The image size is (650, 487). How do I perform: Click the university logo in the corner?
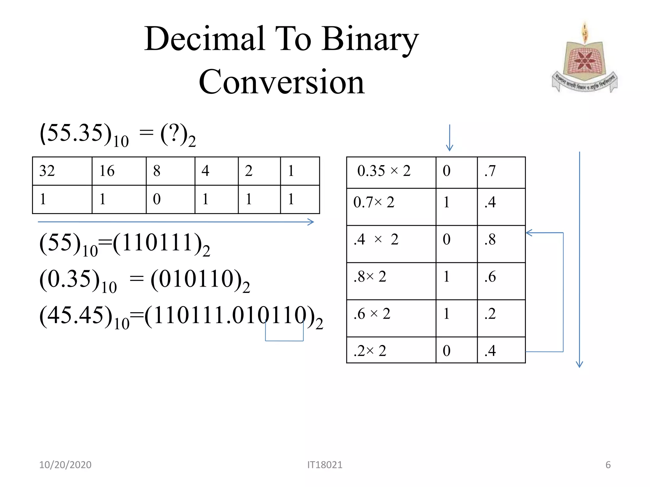585,59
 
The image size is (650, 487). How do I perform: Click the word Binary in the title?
370,40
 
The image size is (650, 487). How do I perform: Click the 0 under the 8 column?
157,199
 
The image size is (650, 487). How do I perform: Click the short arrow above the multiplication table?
449,138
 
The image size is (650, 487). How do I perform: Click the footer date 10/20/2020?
65,465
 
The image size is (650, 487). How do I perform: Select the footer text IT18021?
325,465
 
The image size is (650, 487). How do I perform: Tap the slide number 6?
608,465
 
